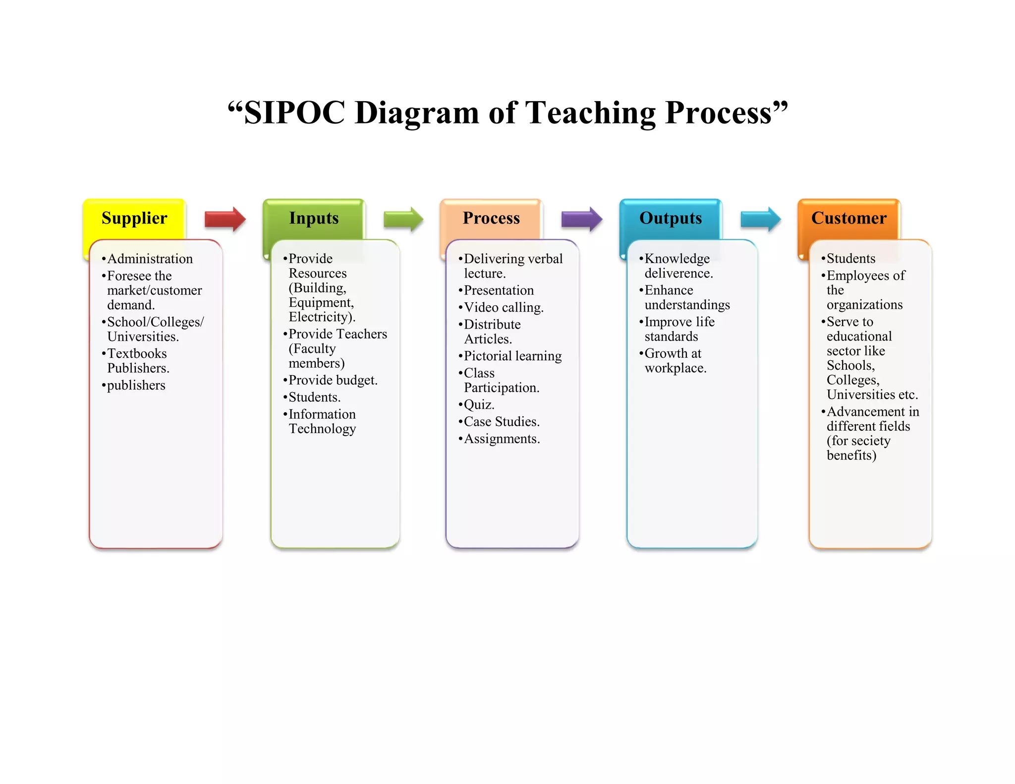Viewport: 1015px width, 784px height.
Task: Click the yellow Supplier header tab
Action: coord(134,219)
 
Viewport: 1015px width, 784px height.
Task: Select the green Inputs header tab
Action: coord(314,219)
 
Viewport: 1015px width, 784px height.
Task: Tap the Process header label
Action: coord(491,219)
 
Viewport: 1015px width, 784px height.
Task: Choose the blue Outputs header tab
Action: coord(671,219)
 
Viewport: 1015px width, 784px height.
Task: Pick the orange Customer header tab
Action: coord(848,219)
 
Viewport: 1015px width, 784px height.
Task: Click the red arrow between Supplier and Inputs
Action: coord(225,219)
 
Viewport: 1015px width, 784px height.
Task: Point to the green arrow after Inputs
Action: coord(403,219)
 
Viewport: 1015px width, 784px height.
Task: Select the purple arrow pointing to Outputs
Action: coord(581,219)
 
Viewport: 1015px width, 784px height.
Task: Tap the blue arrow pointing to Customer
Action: coord(760,219)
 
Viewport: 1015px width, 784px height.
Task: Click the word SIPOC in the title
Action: coord(294,112)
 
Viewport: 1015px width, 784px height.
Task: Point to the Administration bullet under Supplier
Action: coord(150,259)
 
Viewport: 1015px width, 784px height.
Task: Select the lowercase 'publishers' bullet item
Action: coord(136,386)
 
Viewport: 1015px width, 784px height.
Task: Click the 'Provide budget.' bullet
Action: coord(333,380)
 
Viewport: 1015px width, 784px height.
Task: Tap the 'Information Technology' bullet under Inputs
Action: coord(322,421)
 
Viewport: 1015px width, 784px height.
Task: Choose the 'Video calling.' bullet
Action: coord(504,307)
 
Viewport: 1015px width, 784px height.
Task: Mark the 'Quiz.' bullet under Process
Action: coord(479,405)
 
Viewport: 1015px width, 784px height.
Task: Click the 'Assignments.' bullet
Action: coord(502,439)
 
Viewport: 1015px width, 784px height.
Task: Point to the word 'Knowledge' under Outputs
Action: coord(677,259)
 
